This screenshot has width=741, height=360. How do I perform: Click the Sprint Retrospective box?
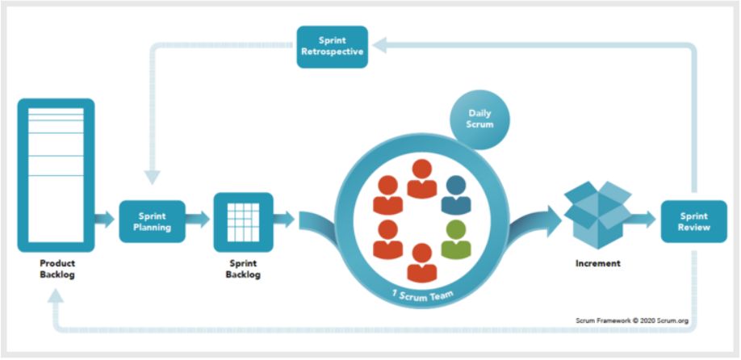point(333,47)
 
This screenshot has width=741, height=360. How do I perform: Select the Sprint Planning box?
point(152,222)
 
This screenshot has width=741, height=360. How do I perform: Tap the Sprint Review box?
point(693,222)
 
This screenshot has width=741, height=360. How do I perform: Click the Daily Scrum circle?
point(480,119)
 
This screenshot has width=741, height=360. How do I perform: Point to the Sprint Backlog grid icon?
point(244,222)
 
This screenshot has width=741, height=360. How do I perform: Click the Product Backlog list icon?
point(56,175)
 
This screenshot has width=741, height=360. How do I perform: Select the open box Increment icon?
point(598,215)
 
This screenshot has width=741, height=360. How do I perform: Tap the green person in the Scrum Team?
point(456,240)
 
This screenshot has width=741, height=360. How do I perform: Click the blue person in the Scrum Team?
point(456,195)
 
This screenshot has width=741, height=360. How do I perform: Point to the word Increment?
point(598,263)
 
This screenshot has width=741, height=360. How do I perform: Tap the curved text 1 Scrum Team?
point(422,296)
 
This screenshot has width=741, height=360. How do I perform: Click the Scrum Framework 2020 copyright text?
point(632,320)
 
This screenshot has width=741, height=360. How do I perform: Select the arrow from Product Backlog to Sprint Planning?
point(104,220)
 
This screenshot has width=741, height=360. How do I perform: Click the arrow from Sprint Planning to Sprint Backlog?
point(197,220)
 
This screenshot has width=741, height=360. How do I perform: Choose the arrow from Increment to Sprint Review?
point(643,220)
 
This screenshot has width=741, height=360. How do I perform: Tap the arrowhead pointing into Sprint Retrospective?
point(379,45)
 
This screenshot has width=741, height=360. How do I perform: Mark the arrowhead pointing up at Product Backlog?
point(56,295)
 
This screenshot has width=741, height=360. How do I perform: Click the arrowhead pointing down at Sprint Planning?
point(153,177)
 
